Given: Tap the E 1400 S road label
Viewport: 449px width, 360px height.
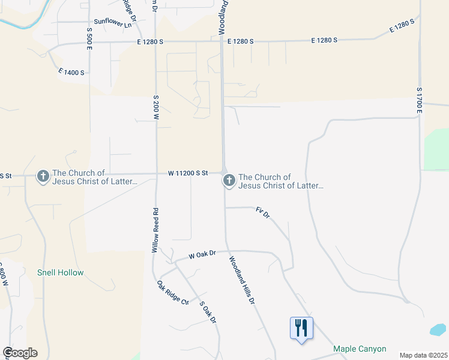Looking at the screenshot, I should point(71,72).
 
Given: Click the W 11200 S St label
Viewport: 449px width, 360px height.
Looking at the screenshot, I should point(188,173).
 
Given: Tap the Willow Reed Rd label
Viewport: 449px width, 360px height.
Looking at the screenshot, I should point(155,230).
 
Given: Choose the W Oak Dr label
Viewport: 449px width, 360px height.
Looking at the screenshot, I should point(202,256).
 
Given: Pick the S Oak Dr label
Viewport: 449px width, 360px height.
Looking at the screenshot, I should point(207,312).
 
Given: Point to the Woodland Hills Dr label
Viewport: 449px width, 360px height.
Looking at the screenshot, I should point(242,280).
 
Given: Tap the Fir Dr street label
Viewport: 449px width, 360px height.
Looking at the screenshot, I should point(262,212).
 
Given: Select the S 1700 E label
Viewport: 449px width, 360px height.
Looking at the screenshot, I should point(420,100).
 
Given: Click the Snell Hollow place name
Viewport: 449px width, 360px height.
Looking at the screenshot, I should point(60,272).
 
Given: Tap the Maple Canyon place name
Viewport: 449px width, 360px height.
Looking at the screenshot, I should point(360,349).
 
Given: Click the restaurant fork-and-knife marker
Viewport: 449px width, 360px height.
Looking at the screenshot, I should point(301,328).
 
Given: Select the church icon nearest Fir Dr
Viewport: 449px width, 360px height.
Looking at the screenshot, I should point(229,180).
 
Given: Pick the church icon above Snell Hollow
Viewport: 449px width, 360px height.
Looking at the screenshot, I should point(43,177).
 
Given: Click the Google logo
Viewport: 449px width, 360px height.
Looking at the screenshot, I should point(20,353).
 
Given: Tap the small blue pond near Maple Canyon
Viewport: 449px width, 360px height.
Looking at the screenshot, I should point(438,329).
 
